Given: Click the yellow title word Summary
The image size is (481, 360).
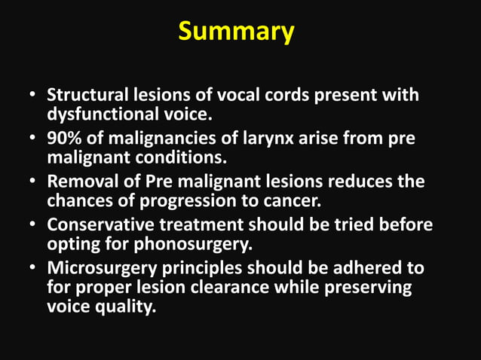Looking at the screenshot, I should click(x=235, y=32).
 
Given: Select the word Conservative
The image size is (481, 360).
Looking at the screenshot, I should click(x=97, y=225).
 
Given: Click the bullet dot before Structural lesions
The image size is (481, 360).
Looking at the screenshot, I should click(x=32, y=97).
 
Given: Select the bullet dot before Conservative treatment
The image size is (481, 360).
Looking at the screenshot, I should click(x=32, y=226).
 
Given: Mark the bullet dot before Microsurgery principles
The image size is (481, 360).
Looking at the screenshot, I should click(x=32, y=269).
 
